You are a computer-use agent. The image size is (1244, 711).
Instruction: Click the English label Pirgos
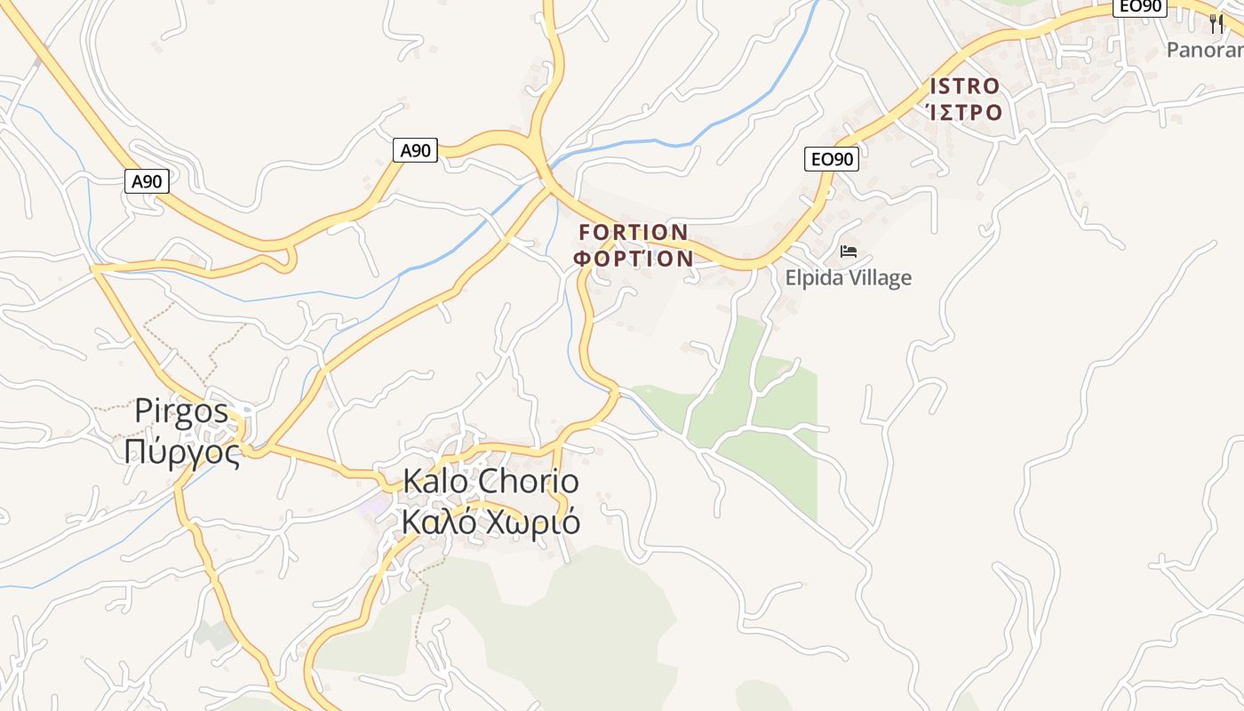click(181, 411)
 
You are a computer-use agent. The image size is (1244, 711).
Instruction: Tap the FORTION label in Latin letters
click(633, 233)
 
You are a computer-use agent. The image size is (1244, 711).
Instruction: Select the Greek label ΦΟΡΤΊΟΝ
click(633, 259)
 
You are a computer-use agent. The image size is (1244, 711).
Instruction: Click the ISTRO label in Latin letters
click(964, 86)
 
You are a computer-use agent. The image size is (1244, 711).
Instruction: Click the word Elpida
click(816, 278)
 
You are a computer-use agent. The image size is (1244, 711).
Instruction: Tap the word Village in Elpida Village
click(882, 278)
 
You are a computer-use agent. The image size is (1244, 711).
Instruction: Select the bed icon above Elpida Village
click(848, 252)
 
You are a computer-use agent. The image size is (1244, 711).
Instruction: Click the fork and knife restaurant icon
click(1216, 23)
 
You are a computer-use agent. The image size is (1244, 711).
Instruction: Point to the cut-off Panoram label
click(1204, 50)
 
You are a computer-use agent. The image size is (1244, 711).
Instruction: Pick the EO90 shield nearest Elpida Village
click(833, 159)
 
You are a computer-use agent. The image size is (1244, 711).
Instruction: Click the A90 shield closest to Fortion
click(415, 150)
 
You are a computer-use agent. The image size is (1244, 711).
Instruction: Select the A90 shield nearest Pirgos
click(147, 182)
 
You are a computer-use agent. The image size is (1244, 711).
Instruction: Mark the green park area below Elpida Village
click(773, 409)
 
